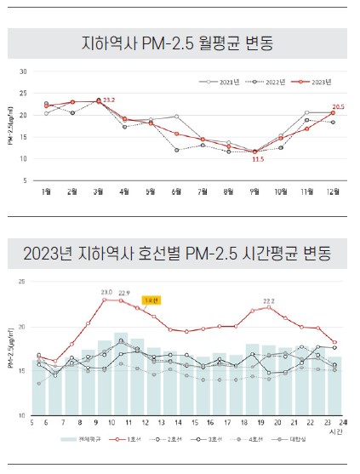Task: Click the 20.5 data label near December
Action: click(x=338, y=107)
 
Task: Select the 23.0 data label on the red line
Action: click(x=106, y=292)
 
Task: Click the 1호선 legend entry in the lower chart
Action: click(x=133, y=439)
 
